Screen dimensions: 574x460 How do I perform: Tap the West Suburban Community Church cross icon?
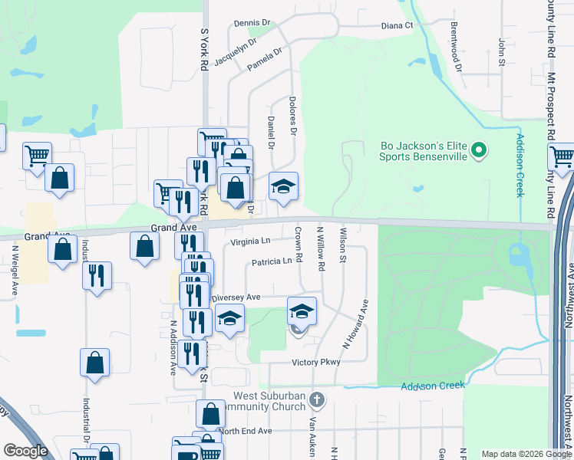(318, 399)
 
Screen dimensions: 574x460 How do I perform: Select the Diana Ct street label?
(398, 25)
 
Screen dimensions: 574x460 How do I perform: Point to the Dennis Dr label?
(252, 24)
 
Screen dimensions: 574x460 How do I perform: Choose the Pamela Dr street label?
(265, 60)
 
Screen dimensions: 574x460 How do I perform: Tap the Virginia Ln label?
(251, 242)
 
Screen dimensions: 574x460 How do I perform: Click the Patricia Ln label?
(272, 261)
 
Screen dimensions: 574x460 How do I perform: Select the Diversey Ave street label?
(237, 297)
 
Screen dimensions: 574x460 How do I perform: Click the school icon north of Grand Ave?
(283, 187)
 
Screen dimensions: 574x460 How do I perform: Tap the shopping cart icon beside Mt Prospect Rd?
(562, 156)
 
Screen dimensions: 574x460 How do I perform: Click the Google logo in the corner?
(25, 451)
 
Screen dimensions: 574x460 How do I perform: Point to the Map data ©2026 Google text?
(526, 454)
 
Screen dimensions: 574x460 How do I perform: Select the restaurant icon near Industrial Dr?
(97, 275)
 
